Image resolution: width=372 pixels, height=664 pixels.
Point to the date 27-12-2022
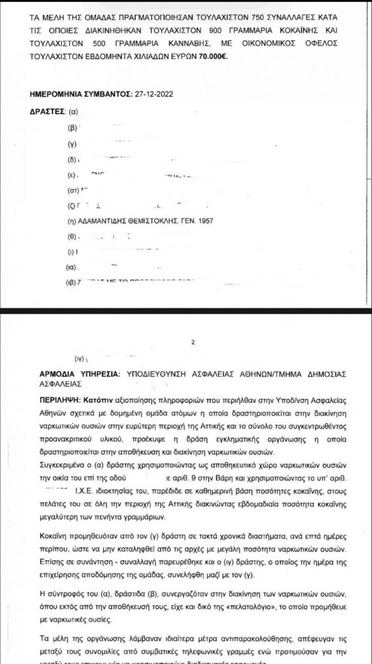(x=153, y=94)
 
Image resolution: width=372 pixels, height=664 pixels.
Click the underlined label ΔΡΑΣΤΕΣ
(x=48, y=112)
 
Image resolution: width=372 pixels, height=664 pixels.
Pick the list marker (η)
(x=72, y=221)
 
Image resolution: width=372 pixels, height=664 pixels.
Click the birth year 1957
(x=205, y=221)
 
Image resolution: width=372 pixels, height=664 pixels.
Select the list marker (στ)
(x=73, y=191)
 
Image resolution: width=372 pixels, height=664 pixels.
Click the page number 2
(x=193, y=343)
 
